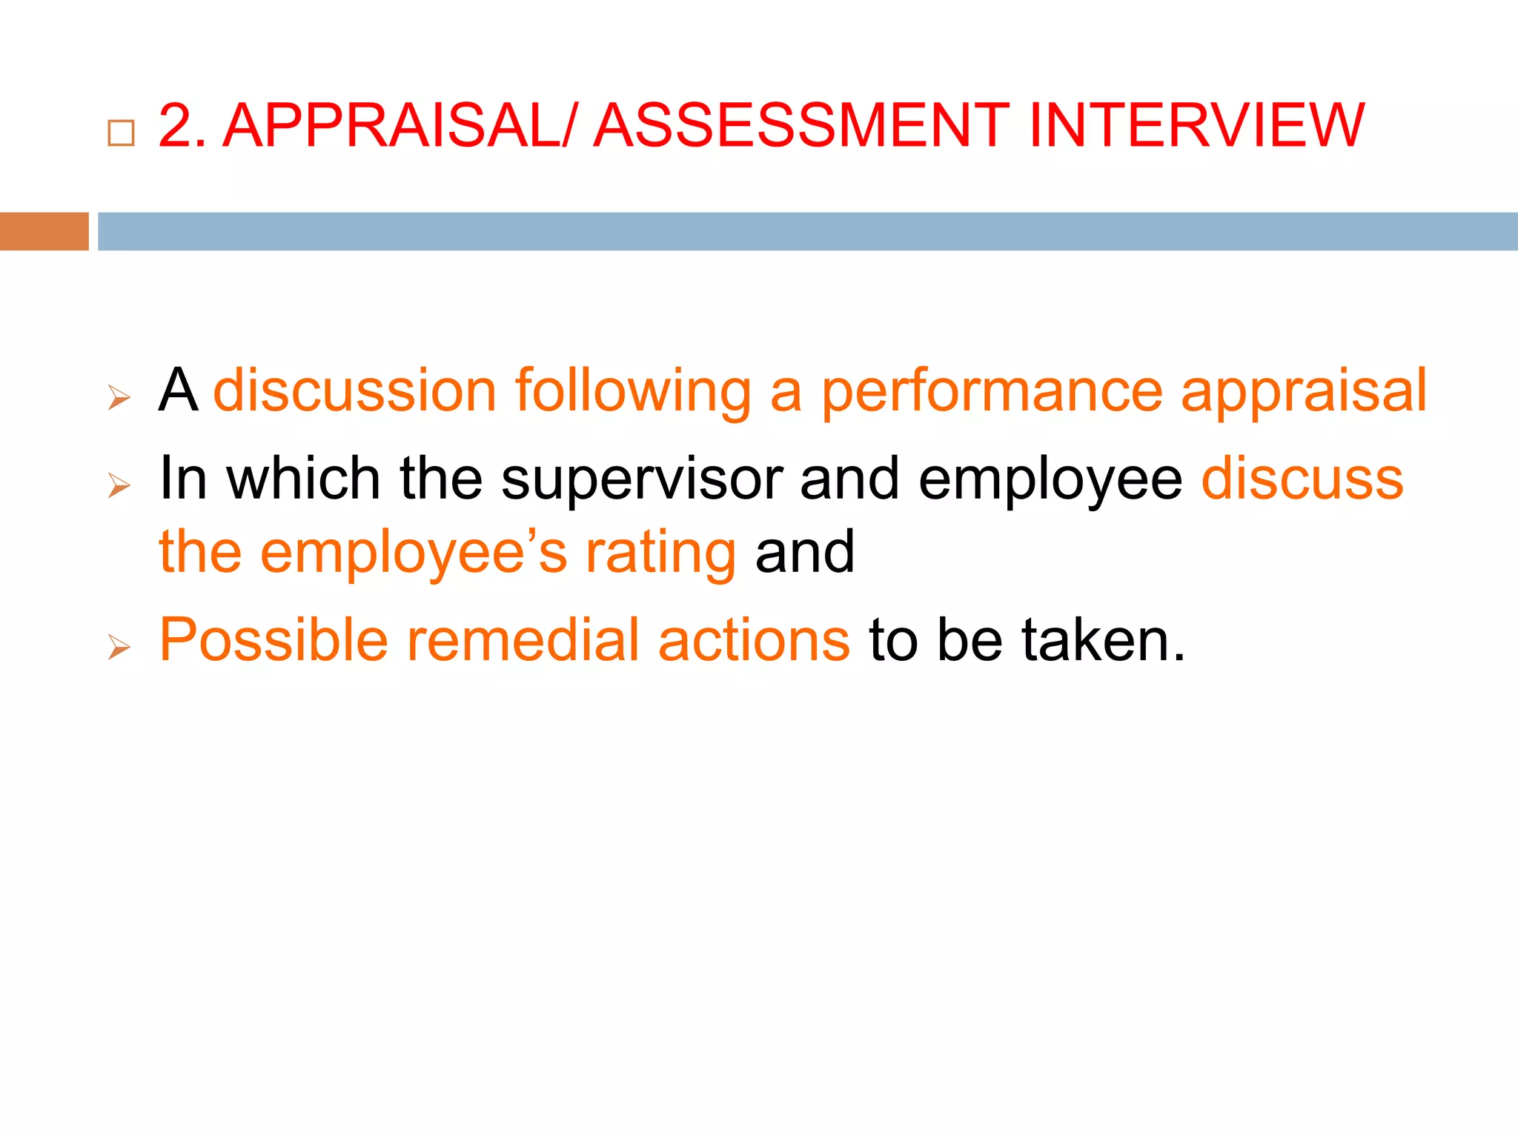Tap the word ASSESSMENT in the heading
(x=801, y=125)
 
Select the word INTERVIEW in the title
(x=1196, y=125)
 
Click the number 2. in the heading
(x=182, y=125)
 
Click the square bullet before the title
(x=121, y=133)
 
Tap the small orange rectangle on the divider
(x=44, y=231)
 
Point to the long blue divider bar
(x=807, y=231)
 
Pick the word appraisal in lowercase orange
(x=1303, y=390)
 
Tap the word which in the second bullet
(x=304, y=478)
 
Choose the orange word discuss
(x=1302, y=478)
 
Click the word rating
(x=661, y=553)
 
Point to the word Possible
(x=274, y=639)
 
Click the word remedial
(x=523, y=639)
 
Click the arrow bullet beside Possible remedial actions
(x=119, y=647)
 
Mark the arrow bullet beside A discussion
(x=119, y=398)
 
